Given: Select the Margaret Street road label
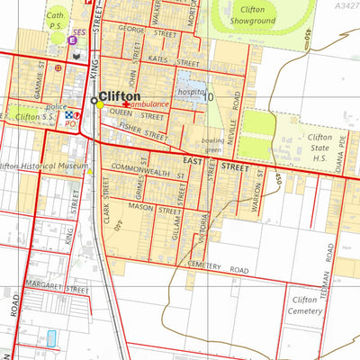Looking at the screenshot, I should pyautogui.click(x=55, y=287).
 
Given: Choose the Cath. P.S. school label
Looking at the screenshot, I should pyautogui.click(x=56, y=20).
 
